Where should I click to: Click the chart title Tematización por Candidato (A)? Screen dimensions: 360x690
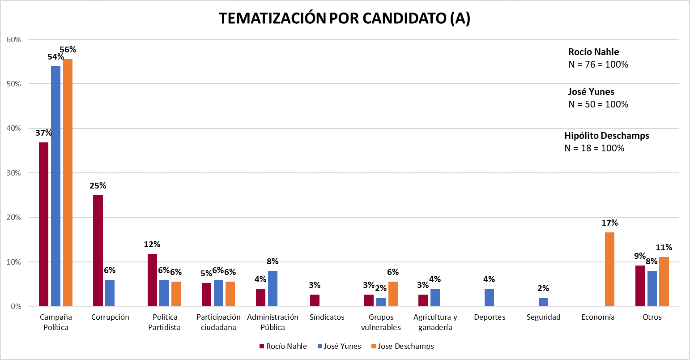[345, 18]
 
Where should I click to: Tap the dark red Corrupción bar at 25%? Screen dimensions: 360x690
[98, 251]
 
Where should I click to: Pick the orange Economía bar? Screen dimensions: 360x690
[609, 269]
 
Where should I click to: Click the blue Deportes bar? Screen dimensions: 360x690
[490, 297]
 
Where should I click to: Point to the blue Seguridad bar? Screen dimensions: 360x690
[543, 302]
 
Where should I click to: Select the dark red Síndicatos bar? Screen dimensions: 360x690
[315, 300]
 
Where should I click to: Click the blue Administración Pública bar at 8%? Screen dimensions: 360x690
[273, 288]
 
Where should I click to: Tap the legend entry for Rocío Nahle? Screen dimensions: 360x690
[283, 346]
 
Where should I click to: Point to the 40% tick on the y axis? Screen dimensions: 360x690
[14, 129]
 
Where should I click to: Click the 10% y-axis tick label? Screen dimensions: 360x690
[14, 262]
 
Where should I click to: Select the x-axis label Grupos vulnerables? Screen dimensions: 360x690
[381, 322]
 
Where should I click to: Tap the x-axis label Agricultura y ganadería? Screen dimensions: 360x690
[435, 322]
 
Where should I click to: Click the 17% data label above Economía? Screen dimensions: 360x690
[609, 223]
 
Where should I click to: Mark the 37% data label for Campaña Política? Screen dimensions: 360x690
[44, 133]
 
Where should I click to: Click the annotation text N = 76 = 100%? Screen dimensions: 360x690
[598, 64]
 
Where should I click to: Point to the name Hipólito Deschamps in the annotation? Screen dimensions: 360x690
[606, 136]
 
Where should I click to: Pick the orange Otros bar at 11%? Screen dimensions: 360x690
[664, 282]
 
